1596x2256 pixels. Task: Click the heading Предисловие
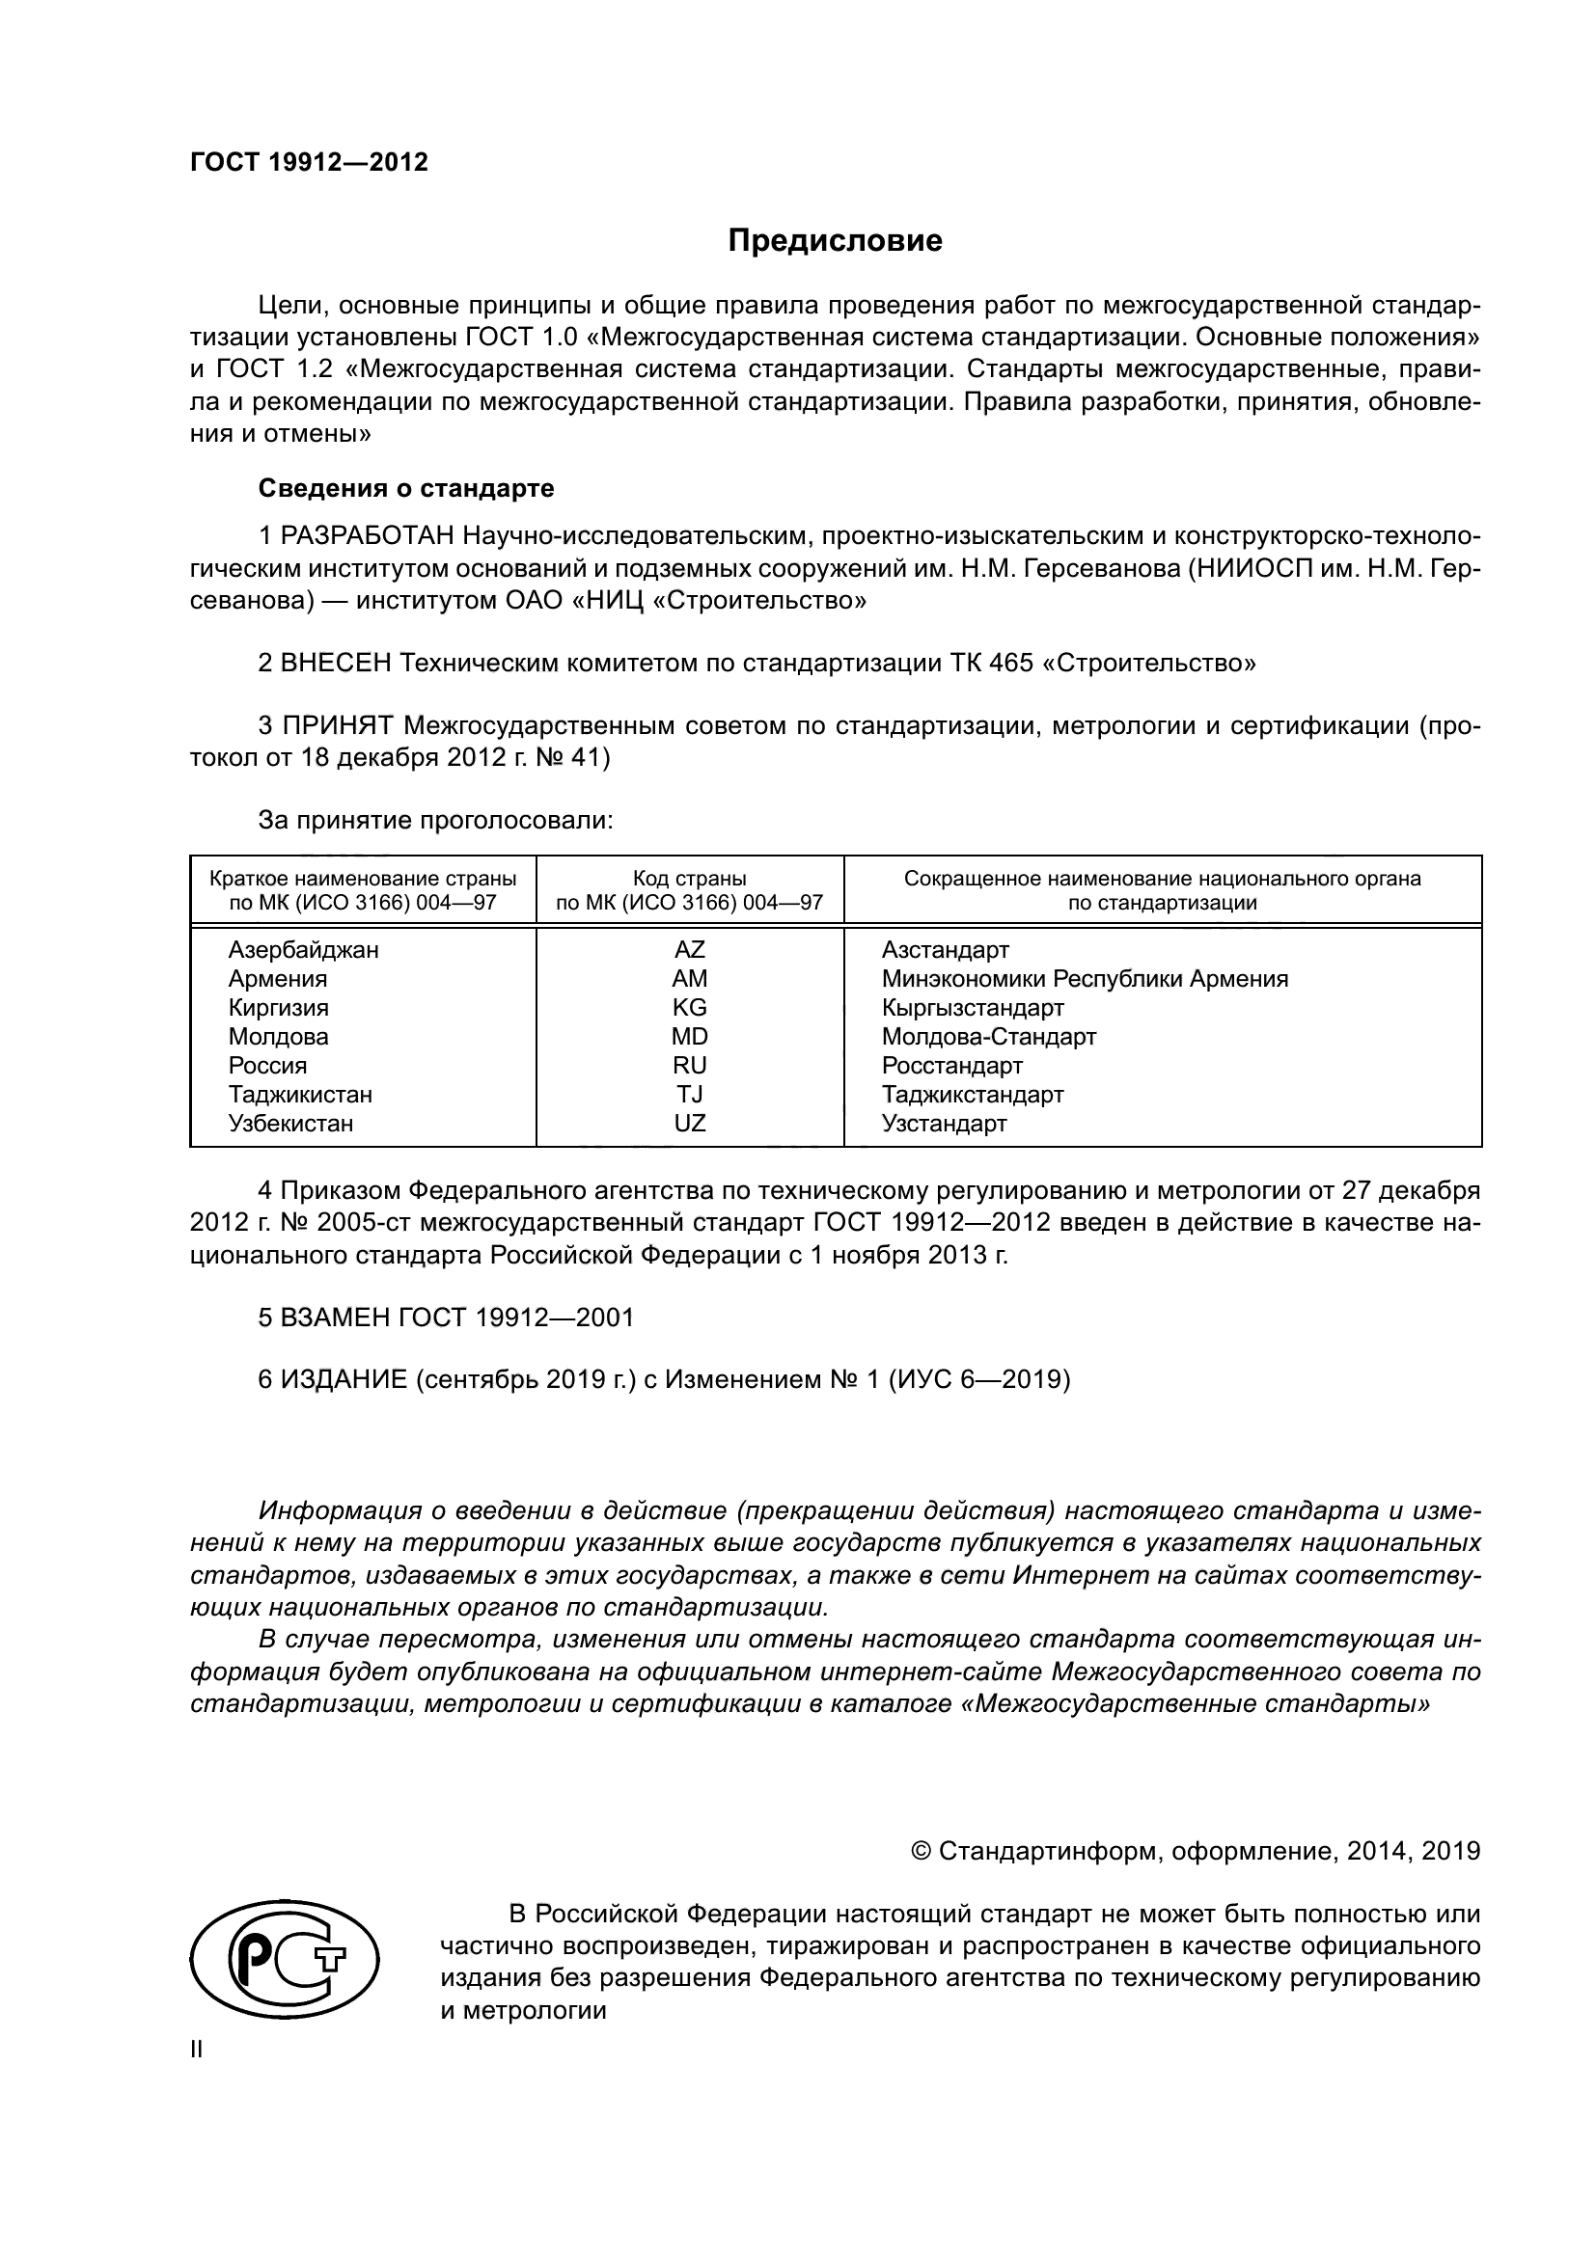click(835, 242)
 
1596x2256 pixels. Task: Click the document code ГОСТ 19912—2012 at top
click(309, 163)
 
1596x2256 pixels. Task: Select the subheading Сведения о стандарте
click(406, 488)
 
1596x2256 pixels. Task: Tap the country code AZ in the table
click(689, 950)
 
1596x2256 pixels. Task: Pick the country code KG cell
click(689, 1008)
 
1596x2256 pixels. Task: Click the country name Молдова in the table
click(278, 1037)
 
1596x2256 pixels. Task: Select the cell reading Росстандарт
click(951, 1066)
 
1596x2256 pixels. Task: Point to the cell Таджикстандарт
click(972, 1095)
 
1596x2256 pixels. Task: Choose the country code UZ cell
click(689, 1124)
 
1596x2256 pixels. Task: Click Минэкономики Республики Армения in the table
click(1084, 979)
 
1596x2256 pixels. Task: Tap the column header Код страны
click(689, 879)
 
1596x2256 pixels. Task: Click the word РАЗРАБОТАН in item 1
click(368, 536)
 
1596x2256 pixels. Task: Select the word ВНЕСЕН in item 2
click(336, 664)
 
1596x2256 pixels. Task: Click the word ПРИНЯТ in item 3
click(337, 726)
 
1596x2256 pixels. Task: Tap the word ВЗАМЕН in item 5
click(336, 1318)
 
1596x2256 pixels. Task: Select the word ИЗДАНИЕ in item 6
click(344, 1380)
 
